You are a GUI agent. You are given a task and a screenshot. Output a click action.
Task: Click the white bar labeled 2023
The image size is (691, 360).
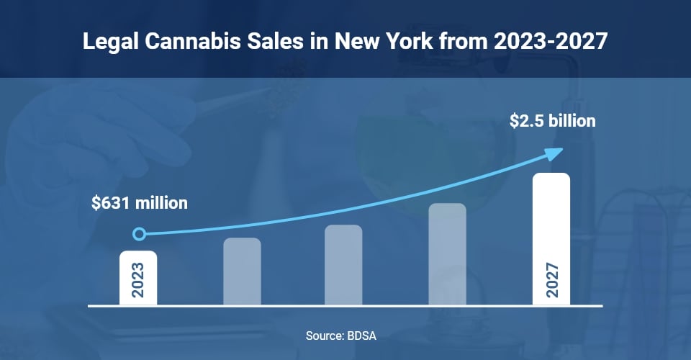pos(138,277)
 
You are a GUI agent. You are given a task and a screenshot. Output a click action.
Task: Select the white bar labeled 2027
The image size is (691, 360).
pos(551,239)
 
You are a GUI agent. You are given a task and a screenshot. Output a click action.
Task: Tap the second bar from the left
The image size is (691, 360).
pos(242,271)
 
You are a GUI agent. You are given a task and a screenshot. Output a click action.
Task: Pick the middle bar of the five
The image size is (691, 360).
pos(343,264)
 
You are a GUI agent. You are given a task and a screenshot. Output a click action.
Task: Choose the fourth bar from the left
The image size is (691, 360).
pos(447,253)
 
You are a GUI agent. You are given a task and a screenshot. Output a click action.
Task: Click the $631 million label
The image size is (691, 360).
pos(140,203)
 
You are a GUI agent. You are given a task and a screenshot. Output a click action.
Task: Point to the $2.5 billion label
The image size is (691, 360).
pos(552,121)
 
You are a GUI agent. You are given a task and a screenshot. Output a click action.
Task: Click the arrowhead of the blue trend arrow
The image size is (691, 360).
pos(554,153)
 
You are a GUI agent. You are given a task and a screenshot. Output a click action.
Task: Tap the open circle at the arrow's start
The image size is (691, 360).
pos(140,234)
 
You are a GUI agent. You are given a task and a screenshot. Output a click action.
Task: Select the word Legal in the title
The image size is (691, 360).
pos(107,42)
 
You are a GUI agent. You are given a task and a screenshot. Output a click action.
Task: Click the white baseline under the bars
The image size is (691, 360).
pos(345,306)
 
